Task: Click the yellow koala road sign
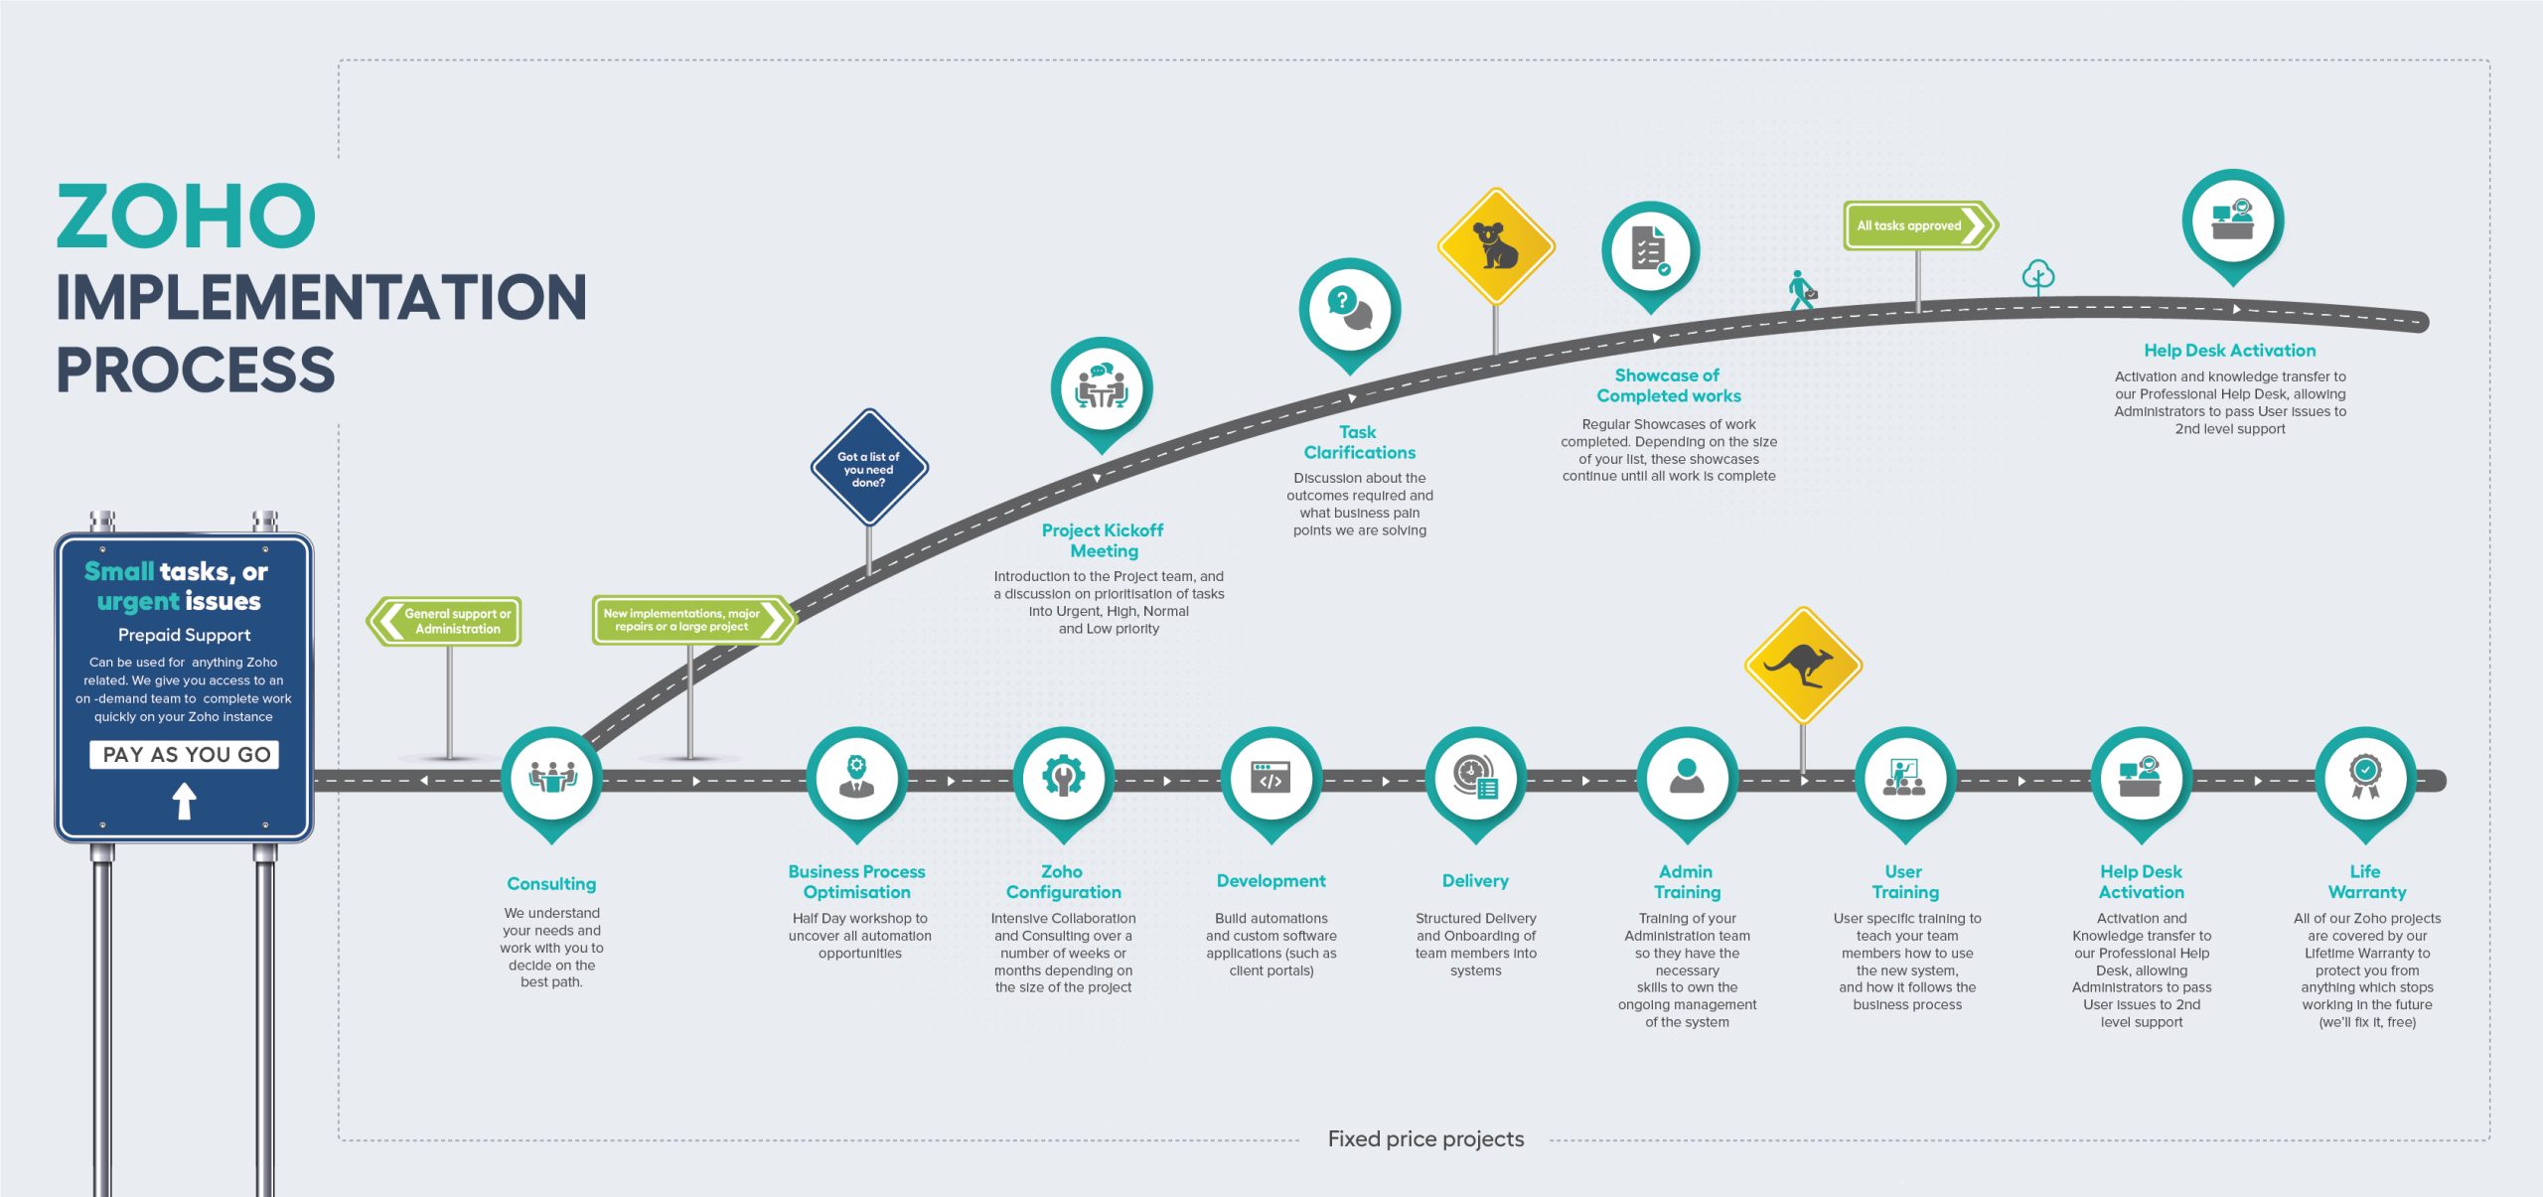click(x=1495, y=246)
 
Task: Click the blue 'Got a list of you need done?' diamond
click(x=869, y=468)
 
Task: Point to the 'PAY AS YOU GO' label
click(x=185, y=755)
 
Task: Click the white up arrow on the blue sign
click(x=184, y=801)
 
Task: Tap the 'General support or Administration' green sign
click(x=446, y=622)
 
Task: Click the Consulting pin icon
click(x=551, y=777)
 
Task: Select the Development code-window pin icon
click(x=1271, y=777)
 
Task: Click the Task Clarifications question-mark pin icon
click(x=1349, y=308)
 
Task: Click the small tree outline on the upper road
click(x=2038, y=276)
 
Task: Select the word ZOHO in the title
click(x=186, y=217)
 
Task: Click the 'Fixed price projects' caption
click(x=1425, y=1139)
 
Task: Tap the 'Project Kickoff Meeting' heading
click(x=1103, y=540)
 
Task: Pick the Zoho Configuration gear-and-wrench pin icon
click(x=1063, y=777)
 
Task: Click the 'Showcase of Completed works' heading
click(x=1668, y=385)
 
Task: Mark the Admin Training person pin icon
click(x=1687, y=777)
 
